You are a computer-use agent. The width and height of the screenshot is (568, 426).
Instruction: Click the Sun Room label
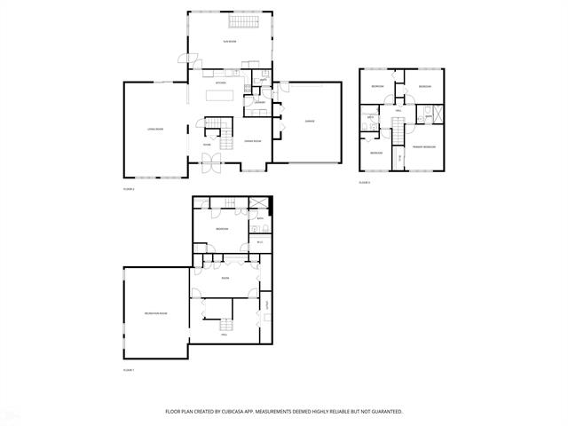coord(230,41)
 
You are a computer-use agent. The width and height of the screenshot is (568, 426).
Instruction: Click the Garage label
coord(310,121)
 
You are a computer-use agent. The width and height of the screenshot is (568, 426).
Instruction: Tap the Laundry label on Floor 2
coord(260,103)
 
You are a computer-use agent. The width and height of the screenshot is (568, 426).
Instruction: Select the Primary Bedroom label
coord(423,146)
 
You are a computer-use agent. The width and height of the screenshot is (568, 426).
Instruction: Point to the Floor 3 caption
coord(364,183)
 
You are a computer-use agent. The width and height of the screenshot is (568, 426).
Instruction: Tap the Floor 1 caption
coord(128,368)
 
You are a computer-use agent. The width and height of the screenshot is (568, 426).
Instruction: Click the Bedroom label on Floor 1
coord(221,230)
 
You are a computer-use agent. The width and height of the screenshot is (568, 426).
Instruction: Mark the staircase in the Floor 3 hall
coord(398,133)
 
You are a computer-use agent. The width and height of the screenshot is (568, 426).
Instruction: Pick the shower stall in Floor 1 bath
coord(260,203)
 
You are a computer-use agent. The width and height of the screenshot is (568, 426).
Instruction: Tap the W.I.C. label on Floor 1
coord(260,241)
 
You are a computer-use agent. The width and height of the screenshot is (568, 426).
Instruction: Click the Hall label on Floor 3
coord(398,110)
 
